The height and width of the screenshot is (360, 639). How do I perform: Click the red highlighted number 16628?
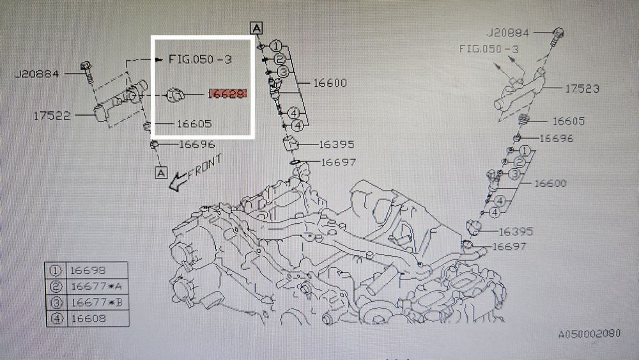[228, 94]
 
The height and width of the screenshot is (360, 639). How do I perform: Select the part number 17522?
[52, 116]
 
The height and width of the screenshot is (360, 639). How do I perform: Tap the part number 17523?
[581, 88]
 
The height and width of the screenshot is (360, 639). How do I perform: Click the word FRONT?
[205, 167]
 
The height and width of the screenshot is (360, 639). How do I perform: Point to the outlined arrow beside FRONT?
[178, 182]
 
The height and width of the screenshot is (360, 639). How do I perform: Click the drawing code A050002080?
[589, 334]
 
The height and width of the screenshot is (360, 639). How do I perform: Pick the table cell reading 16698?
[88, 270]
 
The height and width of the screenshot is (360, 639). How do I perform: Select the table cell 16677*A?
[96, 286]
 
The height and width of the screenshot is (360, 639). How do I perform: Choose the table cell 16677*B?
[96, 302]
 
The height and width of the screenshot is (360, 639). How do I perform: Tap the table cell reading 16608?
[88, 318]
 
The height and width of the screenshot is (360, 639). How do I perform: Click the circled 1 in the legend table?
[56, 270]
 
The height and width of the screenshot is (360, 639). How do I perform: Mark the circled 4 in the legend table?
[56, 318]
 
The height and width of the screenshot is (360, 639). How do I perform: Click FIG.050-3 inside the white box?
[200, 59]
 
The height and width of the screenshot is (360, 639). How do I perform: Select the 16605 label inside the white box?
[194, 123]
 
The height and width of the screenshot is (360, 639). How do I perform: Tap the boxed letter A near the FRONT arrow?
[162, 173]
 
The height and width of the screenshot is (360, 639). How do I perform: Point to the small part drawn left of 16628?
[175, 95]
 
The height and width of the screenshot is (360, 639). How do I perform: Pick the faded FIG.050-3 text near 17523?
[489, 49]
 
